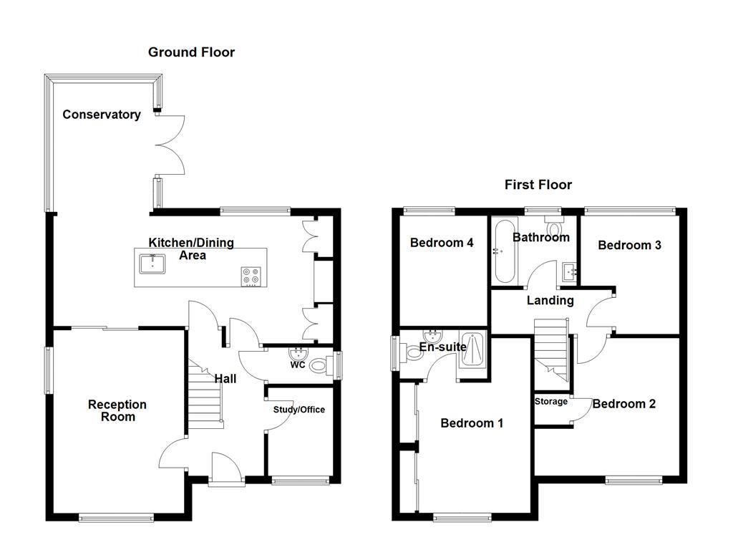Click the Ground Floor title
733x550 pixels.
(x=191, y=52)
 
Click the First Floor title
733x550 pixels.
(x=538, y=185)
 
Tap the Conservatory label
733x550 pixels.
(x=101, y=115)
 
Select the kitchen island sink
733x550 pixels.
(x=152, y=264)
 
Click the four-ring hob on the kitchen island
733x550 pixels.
(x=251, y=276)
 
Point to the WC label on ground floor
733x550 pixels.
(x=298, y=365)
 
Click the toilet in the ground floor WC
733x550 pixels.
(x=321, y=365)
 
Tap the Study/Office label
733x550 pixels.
(x=298, y=410)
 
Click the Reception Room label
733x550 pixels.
(x=117, y=410)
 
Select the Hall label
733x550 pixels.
(x=225, y=378)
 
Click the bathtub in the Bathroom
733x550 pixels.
(x=502, y=254)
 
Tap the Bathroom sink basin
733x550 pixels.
(x=569, y=271)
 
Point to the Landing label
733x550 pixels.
(x=550, y=301)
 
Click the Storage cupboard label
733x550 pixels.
(x=550, y=402)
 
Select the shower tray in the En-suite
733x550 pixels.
(x=472, y=350)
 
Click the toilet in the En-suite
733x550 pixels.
(x=413, y=353)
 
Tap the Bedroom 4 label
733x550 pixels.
(x=441, y=243)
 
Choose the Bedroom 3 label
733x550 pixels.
(x=629, y=245)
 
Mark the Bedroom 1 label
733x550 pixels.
(x=471, y=423)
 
